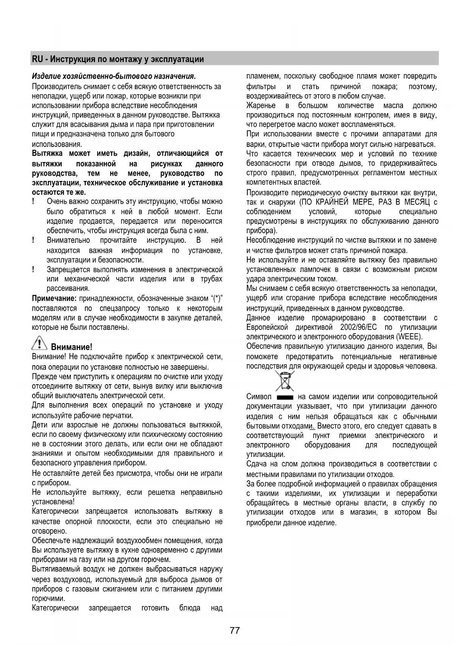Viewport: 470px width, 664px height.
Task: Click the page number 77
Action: (x=234, y=631)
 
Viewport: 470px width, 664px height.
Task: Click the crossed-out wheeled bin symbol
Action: (x=285, y=381)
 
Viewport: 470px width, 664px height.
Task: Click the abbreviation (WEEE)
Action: (x=409, y=337)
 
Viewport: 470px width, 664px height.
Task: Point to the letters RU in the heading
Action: (x=37, y=59)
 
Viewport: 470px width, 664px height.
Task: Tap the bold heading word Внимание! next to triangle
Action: (x=72, y=347)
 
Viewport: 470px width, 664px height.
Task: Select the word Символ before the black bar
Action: (x=259, y=397)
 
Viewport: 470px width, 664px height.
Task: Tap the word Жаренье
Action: (x=261, y=106)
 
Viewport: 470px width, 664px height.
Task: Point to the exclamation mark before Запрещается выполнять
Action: (x=34, y=270)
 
